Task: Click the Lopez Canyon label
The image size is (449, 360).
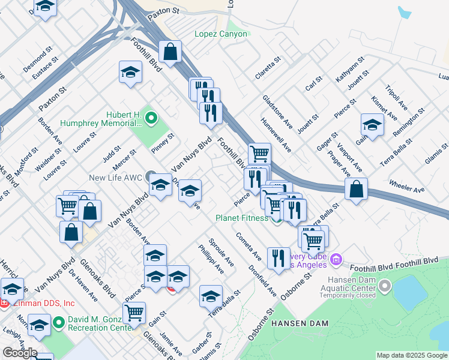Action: [220, 34]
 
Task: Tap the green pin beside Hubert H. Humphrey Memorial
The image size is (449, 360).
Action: [151, 117]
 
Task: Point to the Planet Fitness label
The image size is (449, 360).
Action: [242, 218]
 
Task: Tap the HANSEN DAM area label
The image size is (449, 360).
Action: [300, 323]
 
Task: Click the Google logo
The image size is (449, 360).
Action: [20, 353]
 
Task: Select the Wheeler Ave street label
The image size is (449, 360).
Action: [406, 185]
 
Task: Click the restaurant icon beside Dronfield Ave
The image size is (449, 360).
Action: [278, 257]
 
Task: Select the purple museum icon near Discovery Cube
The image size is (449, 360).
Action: [336, 260]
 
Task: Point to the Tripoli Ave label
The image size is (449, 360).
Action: [397, 97]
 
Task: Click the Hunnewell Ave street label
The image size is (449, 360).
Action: [276, 134]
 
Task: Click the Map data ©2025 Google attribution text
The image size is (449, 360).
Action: [412, 355]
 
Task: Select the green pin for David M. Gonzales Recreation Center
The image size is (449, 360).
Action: [59, 323]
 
